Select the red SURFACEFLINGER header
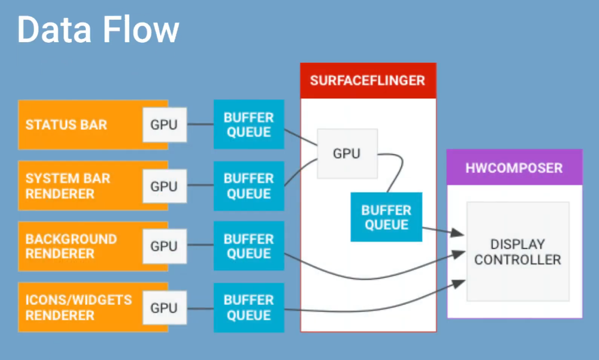[368, 80]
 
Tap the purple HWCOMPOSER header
[514, 167]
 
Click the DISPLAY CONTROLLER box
[518, 252]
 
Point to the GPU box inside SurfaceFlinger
[347, 153]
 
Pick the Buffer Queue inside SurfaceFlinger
[386, 217]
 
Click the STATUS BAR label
[66, 124]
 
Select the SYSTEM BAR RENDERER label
[67, 186]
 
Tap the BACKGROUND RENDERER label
[71, 246]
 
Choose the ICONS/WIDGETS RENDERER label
[78, 307]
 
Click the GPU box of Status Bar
[164, 125]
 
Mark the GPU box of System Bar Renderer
[164, 186]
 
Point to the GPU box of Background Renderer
[164, 247]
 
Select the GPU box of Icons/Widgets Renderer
[164, 308]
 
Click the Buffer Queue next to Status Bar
[249, 125]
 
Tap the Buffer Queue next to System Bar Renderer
[249, 186]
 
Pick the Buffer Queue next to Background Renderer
[249, 247]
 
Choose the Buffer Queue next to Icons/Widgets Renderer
[249, 307]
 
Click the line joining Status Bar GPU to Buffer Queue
[200, 125]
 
